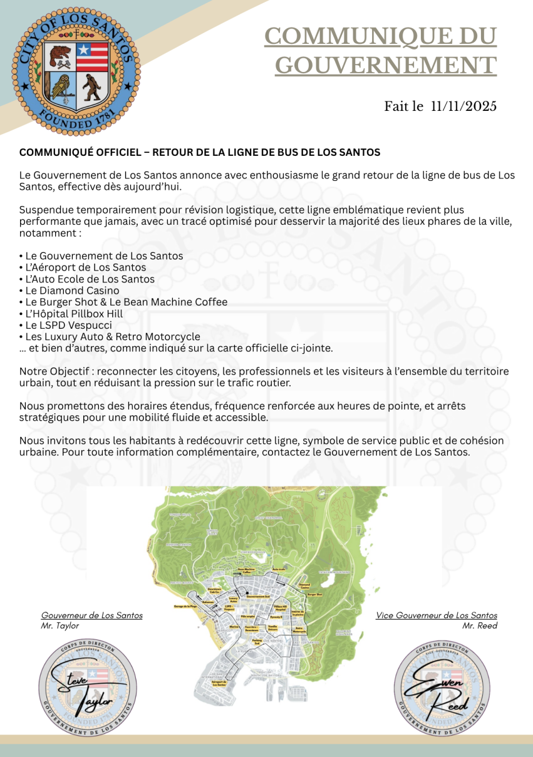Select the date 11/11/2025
pyautogui.click(x=464, y=106)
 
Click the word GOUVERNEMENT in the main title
pyautogui.click(x=386, y=65)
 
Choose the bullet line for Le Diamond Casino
pyautogui.click(x=70, y=291)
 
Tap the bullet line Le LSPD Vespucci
pyautogui.click(x=66, y=325)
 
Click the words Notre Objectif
pyautogui.click(x=50, y=371)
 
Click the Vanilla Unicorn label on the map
pyautogui.click(x=272, y=627)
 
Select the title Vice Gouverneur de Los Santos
pyautogui.click(x=437, y=615)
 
